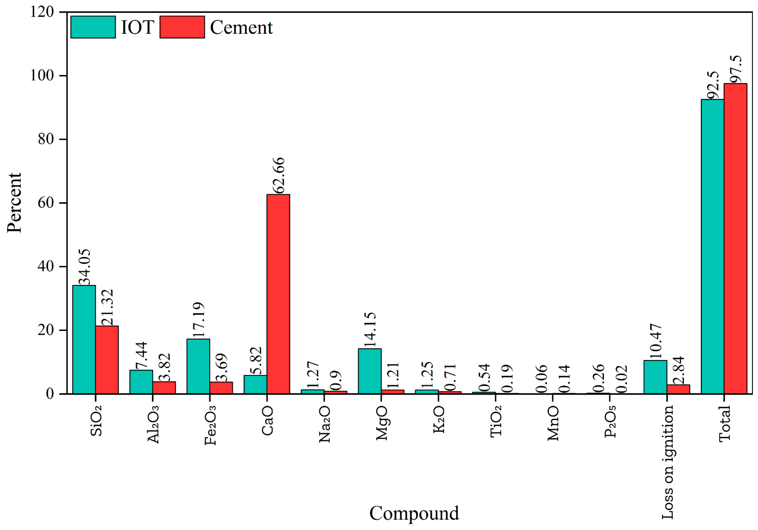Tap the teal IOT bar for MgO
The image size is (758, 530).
(369, 371)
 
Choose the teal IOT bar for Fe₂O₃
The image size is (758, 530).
(198, 366)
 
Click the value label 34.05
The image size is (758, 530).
(84, 267)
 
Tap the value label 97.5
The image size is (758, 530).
(736, 69)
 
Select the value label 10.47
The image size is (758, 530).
(655, 341)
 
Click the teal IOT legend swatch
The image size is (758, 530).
(93, 27)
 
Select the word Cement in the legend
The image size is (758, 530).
(241, 27)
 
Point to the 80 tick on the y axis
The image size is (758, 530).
(46, 139)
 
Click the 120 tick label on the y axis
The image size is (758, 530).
(42, 12)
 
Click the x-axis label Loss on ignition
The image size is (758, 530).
(667, 462)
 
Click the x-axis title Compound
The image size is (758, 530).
(414, 513)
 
